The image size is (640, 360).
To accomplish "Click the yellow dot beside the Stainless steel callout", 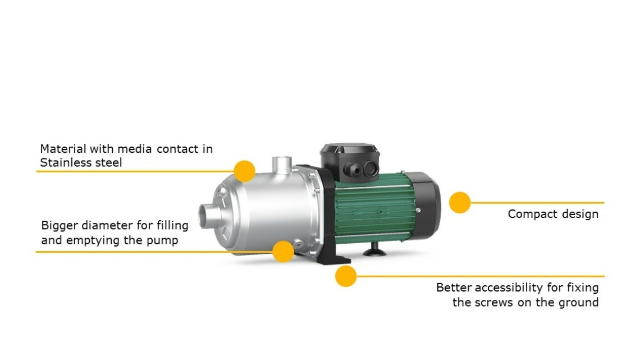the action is coord(244,171).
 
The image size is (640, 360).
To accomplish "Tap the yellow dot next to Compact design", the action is coord(460,202).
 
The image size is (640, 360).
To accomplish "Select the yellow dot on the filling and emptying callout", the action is coord(284,252).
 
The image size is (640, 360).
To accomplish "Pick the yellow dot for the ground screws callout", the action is coord(346,276).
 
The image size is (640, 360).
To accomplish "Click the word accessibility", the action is coord(509,288).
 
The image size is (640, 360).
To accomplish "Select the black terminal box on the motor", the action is coord(350,162).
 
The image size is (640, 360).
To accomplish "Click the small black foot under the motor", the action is coord(374,250).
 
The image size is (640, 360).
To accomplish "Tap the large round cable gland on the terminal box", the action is coord(371,168).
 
